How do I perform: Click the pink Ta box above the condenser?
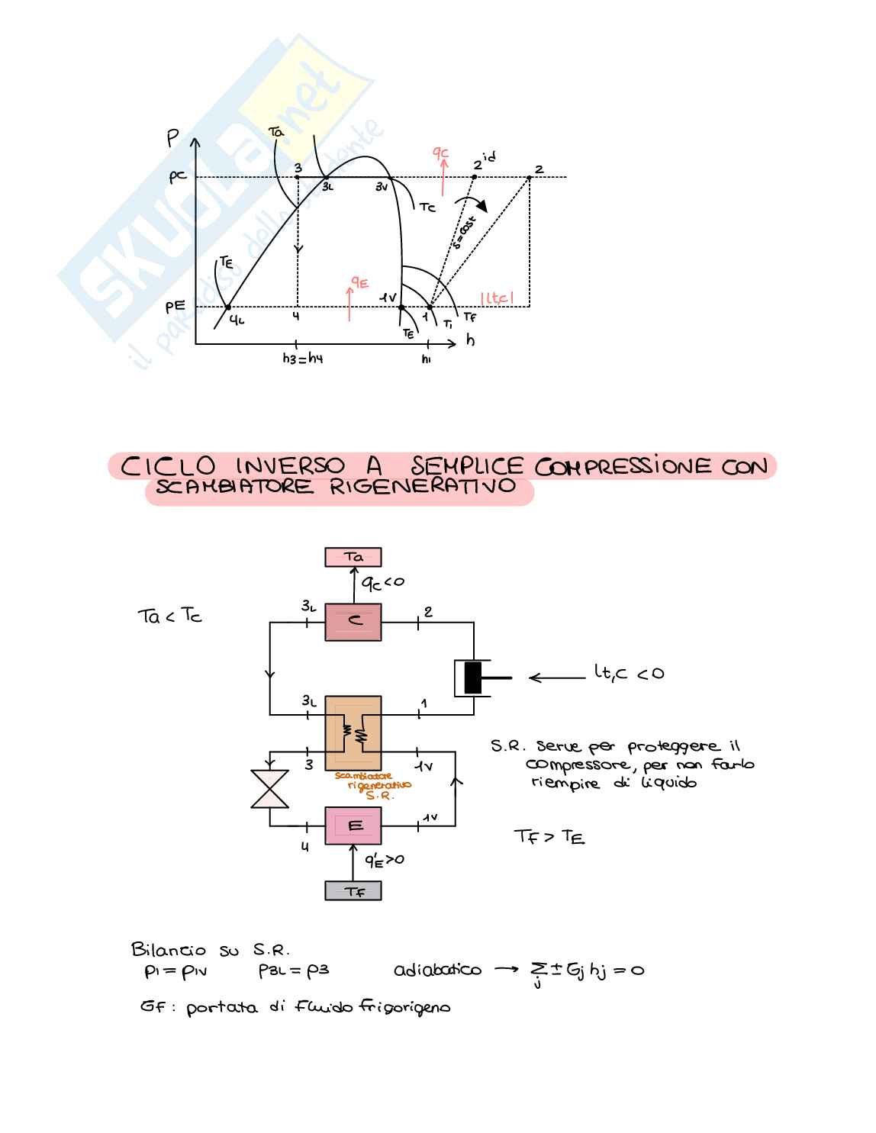353,557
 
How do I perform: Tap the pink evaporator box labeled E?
353,826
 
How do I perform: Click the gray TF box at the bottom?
353,890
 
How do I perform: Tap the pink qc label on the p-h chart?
441,154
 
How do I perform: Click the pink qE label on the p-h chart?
359,284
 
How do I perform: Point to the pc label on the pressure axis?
178,177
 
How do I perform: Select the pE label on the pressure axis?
176,307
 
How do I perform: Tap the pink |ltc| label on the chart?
498,298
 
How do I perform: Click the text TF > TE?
549,838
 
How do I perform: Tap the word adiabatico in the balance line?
437,970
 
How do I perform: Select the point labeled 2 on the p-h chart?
530,178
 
